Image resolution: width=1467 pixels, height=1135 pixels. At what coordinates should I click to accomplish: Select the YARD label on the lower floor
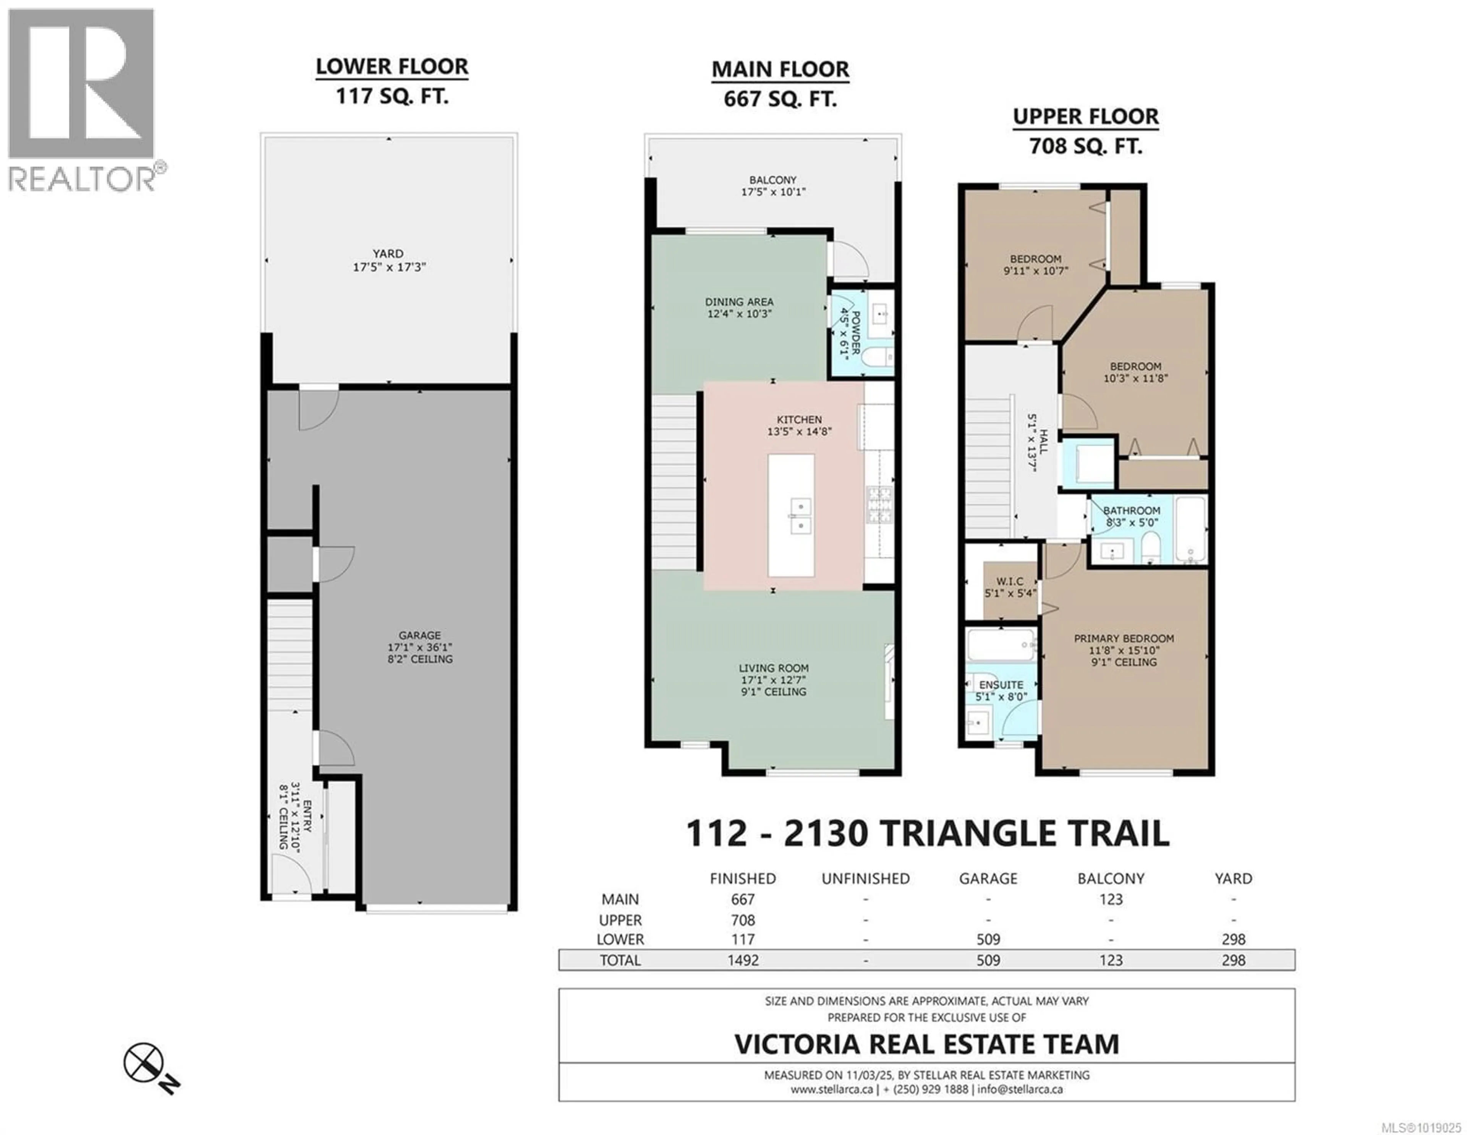[x=388, y=253]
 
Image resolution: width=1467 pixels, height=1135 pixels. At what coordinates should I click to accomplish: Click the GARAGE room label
[x=420, y=635]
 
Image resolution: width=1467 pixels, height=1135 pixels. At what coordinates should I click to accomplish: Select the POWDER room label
[x=856, y=332]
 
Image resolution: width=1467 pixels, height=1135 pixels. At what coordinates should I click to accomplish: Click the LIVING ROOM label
[x=773, y=668]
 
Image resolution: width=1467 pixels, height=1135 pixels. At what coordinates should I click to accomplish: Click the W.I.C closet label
[x=1010, y=581]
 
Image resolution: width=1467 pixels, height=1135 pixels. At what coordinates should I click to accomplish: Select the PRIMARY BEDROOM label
[x=1124, y=638]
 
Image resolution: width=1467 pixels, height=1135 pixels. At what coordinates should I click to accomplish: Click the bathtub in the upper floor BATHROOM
[x=1191, y=529]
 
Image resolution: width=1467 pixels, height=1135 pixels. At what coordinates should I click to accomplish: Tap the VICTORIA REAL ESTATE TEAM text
[x=926, y=1044]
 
